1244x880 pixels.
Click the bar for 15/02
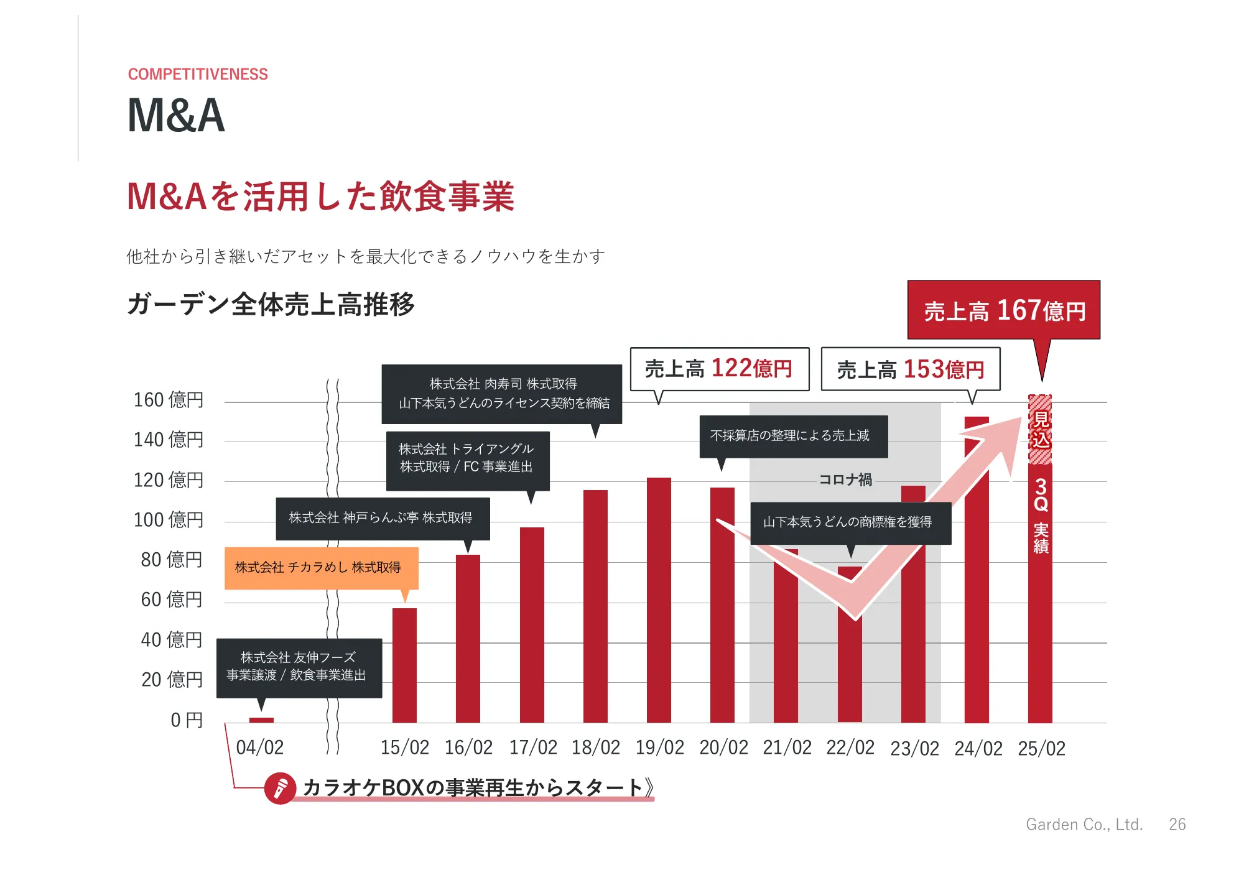404,665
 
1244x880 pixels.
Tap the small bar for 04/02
261,720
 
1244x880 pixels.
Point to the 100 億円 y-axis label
169,519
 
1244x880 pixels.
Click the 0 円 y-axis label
187,720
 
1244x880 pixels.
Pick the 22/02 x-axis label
850,747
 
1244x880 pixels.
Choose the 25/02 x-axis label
1041,748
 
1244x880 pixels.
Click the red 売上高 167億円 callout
1004,310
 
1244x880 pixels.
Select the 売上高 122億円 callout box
720,369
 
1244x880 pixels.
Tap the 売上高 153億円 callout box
911,369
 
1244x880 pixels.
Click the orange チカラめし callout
321,567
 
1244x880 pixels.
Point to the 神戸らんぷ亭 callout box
383,518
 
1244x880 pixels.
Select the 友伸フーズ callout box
299,667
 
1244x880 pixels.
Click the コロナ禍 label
845,479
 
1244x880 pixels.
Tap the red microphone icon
280,788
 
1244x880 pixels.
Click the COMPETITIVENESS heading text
198,74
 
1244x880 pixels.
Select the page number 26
1177,824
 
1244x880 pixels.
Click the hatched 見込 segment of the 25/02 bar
1040,429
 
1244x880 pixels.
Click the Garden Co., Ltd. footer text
1084,824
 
